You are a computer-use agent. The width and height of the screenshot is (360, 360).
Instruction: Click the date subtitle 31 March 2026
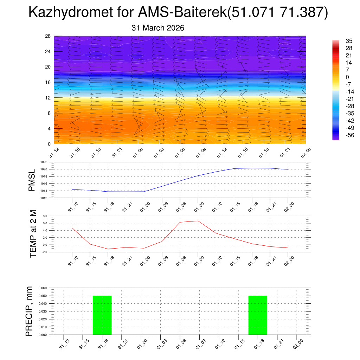158,28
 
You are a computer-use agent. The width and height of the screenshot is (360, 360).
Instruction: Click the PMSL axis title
32,180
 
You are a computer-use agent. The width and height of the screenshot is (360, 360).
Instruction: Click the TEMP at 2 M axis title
33,234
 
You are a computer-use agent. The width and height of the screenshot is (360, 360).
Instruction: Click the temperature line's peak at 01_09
198,221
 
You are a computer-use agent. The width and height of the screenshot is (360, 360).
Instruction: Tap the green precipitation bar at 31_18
102,315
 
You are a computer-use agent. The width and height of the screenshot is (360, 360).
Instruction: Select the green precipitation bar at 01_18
258,315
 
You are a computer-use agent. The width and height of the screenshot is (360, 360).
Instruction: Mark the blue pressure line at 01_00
144,191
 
